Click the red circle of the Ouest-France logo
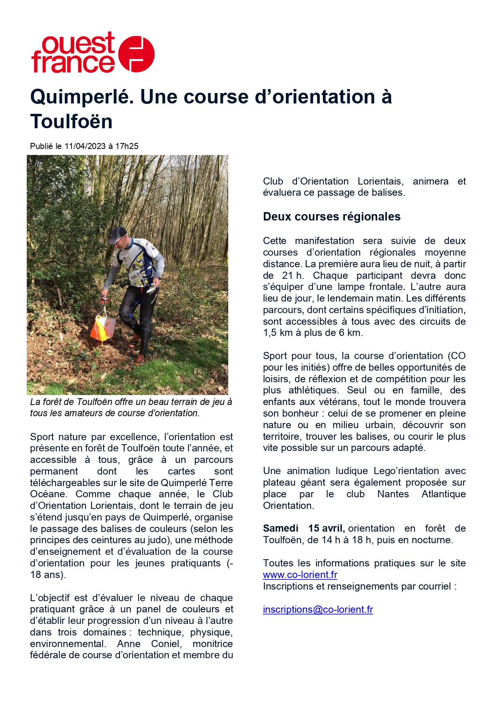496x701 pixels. click(x=137, y=54)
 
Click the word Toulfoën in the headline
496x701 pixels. click(x=72, y=121)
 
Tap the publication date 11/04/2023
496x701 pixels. click(x=85, y=146)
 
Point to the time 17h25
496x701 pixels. click(x=127, y=146)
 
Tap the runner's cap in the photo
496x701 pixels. click(x=117, y=234)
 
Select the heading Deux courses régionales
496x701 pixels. click(x=332, y=216)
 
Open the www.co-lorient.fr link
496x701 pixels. click(x=300, y=575)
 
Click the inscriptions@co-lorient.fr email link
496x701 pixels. click(x=318, y=610)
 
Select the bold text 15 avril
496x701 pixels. click(x=326, y=528)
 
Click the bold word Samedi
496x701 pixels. click(x=281, y=528)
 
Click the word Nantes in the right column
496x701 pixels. click(x=393, y=494)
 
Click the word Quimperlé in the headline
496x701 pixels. click(x=82, y=97)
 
